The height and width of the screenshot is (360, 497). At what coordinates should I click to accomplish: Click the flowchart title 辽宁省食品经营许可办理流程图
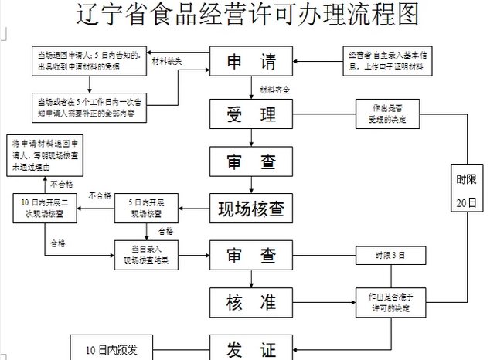tap(248, 15)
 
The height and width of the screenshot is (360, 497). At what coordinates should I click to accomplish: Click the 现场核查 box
tap(251, 208)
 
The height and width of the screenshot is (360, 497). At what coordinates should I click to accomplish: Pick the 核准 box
tap(251, 302)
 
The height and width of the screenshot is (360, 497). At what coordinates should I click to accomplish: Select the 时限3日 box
tap(390, 255)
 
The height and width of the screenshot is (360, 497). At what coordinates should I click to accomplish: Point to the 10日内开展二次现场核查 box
tap(45, 208)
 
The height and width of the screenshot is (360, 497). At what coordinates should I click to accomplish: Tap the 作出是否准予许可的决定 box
tap(390, 304)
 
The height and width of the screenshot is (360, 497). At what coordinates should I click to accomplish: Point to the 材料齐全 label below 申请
tap(275, 90)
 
